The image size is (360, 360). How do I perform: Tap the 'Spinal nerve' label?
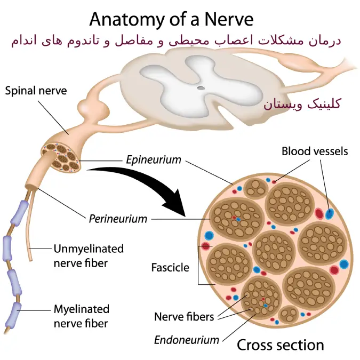tap(36, 91)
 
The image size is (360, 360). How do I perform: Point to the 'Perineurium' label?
tap(118, 218)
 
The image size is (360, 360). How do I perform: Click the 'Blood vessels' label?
tap(315, 151)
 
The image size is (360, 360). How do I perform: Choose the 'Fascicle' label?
tap(170, 267)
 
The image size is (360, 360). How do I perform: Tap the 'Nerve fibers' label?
tap(184, 317)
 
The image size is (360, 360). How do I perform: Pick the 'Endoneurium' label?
tap(187, 340)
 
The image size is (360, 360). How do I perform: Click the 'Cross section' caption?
tap(280, 345)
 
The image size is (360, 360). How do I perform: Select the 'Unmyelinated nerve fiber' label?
tap(89, 255)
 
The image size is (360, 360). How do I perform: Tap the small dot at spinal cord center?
tap(201, 88)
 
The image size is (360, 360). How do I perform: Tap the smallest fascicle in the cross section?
tap(289, 314)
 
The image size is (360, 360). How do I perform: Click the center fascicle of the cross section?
tap(274, 250)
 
